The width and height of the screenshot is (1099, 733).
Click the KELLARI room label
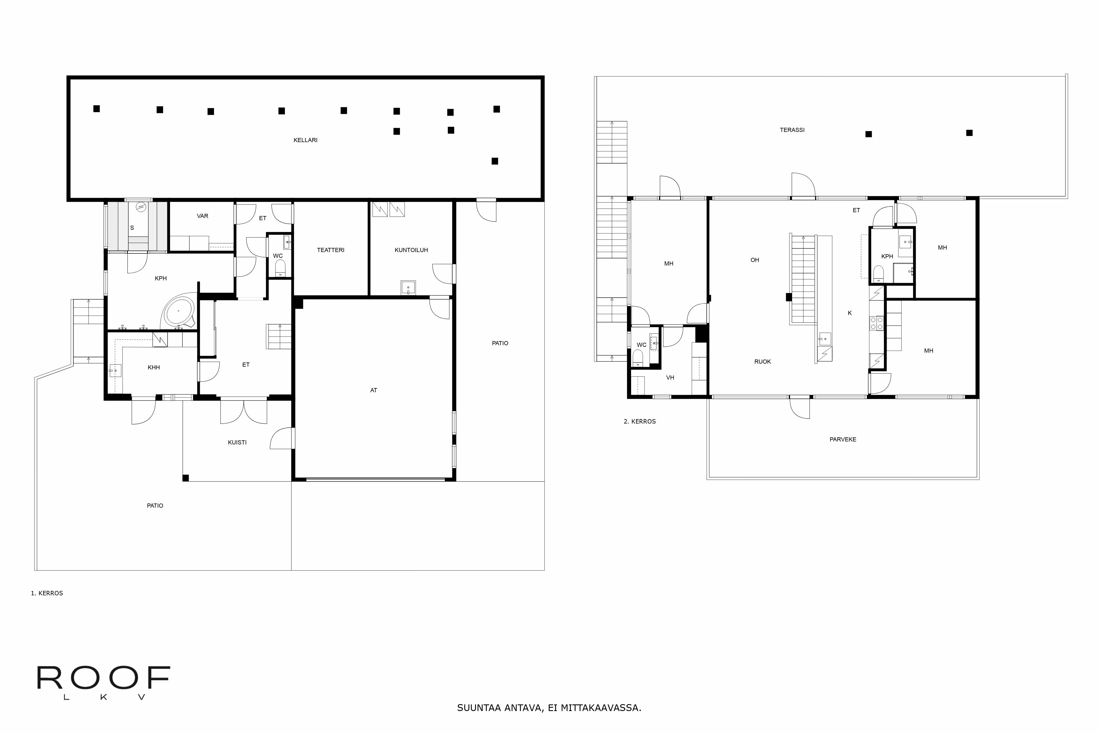305,140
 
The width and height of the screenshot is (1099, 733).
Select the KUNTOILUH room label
411,250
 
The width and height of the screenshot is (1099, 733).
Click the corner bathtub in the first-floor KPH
179,311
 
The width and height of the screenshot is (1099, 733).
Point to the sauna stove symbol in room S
141,207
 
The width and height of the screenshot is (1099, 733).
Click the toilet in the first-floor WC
280,268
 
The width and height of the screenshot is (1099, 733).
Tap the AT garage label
373,390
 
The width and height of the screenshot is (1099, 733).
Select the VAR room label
202,216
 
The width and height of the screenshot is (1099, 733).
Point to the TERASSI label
792,130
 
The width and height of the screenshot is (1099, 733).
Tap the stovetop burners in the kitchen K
876,323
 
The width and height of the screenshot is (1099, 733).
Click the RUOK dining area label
763,362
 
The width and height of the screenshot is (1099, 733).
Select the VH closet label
670,378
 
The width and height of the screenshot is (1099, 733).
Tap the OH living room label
755,260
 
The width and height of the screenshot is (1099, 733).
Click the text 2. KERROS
640,422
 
